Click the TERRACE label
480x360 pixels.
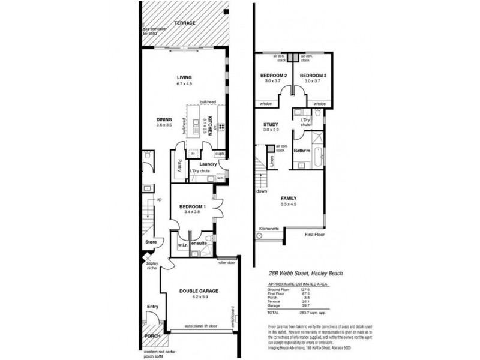(185, 23)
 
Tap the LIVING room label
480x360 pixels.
(184, 77)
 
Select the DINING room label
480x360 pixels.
(164, 119)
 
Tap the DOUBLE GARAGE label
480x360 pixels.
(198, 290)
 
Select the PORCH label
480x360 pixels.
(153, 336)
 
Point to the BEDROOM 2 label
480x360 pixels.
(274, 75)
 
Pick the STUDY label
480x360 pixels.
(271, 125)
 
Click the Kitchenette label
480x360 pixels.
(269, 229)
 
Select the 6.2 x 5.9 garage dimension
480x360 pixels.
(198, 297)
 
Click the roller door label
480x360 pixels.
(226, 263)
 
